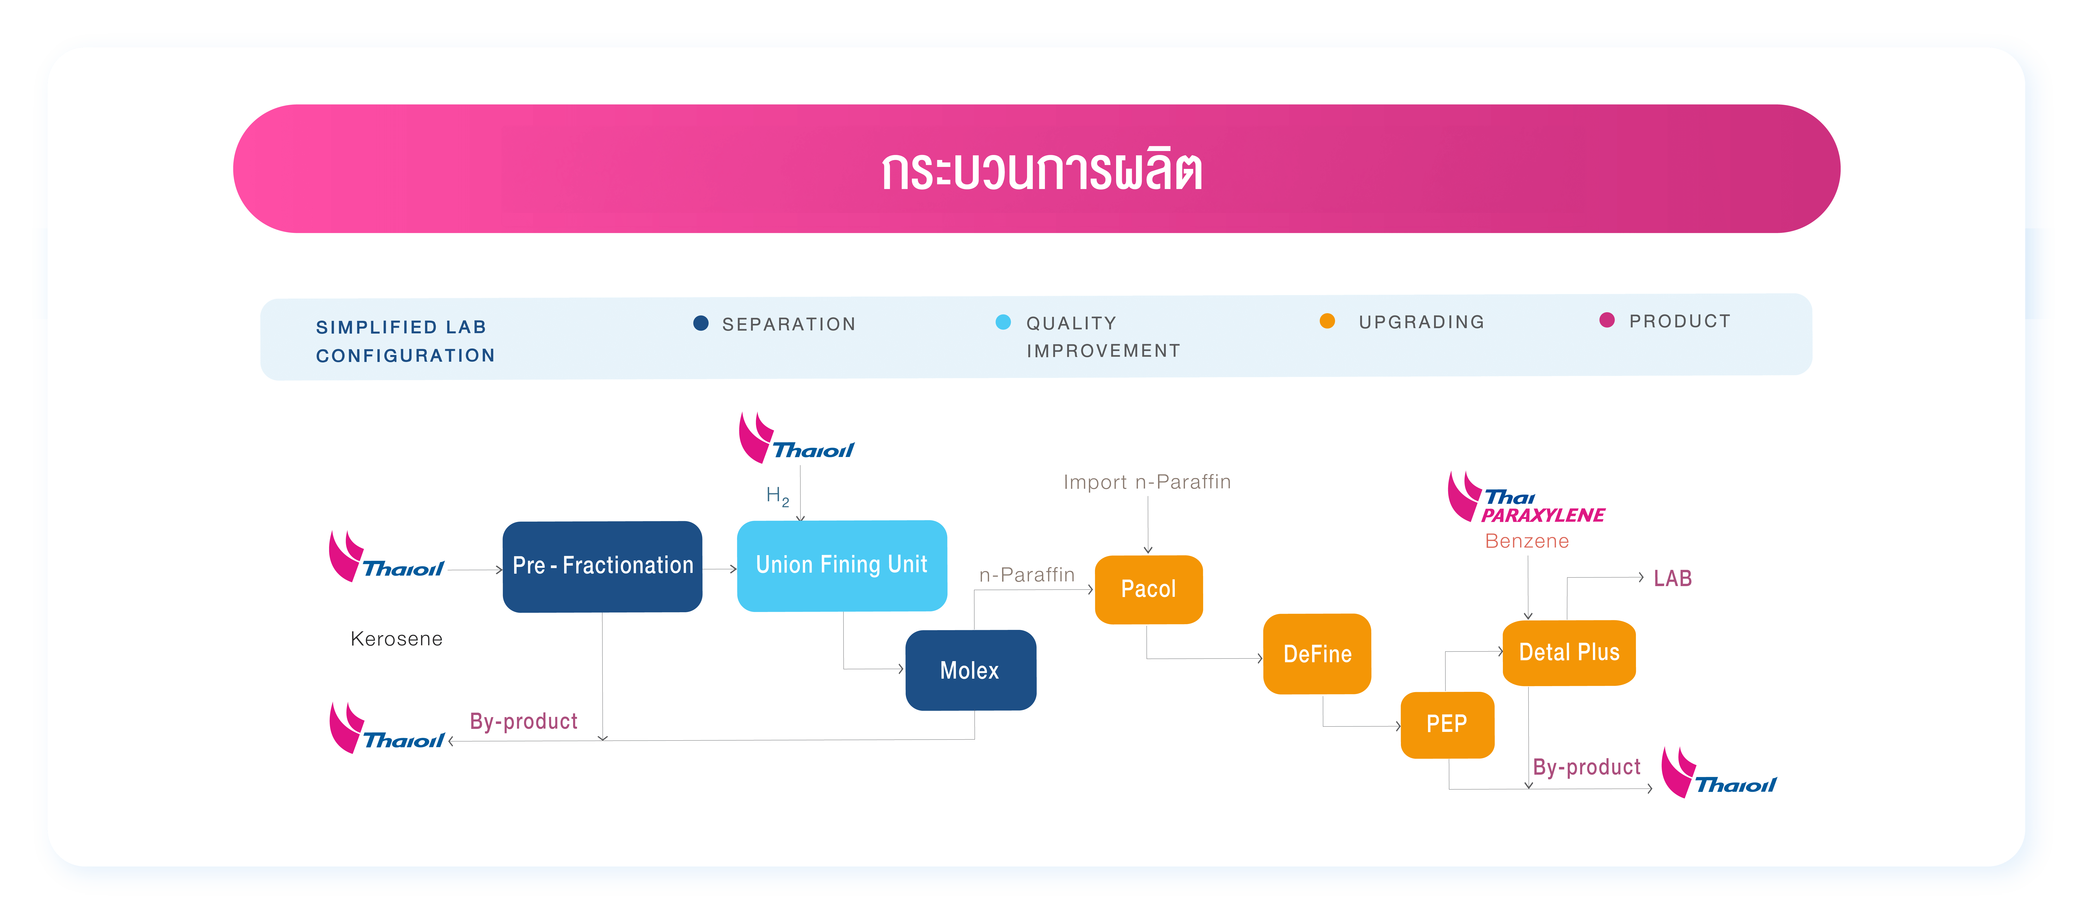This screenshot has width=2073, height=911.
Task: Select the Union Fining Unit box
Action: tap(842, 565)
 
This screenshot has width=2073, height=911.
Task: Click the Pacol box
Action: tap(1148, 589)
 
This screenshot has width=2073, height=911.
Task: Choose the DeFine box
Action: tap(1317, 654)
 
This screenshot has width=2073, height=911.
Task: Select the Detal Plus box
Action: tap(1568, 652)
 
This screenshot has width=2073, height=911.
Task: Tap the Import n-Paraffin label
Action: tap(1147, 482)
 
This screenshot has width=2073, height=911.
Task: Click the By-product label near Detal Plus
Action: tap(1586, 767)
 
